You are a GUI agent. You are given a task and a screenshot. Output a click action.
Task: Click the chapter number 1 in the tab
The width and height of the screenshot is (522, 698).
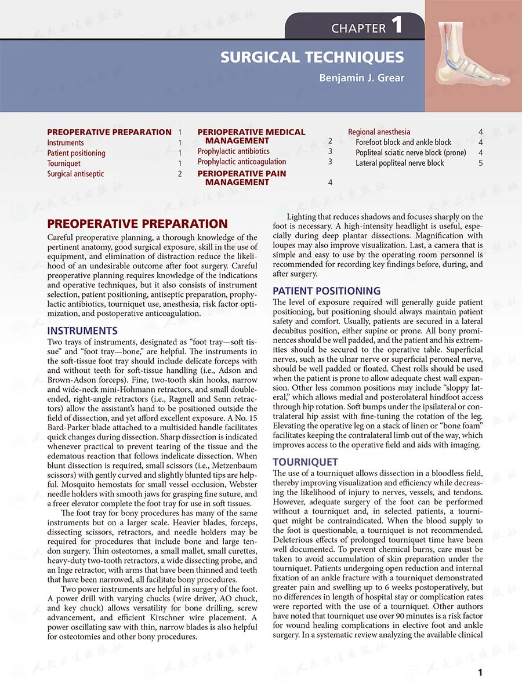397,26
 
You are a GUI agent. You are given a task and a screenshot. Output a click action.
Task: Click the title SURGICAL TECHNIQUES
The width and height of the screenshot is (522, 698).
312,57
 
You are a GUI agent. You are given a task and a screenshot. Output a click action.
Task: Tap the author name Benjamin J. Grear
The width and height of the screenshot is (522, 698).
361,78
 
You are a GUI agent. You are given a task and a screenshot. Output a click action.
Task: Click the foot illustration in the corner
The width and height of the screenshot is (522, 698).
473,56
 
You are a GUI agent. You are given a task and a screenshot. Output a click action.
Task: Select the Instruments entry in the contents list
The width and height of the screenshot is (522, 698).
66,143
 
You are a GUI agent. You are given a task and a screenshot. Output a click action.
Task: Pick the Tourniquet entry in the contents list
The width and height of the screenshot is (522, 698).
64,163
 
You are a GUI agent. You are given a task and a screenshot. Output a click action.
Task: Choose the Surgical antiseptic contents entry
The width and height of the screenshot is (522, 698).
75,174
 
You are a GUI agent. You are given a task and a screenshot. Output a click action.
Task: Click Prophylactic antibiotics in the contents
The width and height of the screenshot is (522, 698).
233,151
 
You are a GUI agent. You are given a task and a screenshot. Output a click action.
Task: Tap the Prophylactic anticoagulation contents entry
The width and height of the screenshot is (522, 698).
241,162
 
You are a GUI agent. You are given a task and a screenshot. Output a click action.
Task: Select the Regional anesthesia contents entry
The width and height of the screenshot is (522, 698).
379,132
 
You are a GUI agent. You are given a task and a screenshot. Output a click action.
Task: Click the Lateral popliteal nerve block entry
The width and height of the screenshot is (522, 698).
400,163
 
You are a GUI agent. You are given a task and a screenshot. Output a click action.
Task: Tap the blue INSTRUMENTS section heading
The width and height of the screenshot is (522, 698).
82,331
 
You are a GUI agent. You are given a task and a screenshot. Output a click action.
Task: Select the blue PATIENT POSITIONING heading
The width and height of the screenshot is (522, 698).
327,291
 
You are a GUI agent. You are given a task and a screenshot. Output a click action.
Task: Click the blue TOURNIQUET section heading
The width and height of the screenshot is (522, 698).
305,462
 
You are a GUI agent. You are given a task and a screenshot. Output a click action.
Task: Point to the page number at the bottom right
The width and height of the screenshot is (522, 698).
480,672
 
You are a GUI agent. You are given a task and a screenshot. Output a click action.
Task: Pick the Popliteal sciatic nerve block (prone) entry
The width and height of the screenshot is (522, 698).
411,153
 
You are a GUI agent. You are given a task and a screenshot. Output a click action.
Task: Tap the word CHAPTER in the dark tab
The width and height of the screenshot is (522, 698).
358,28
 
